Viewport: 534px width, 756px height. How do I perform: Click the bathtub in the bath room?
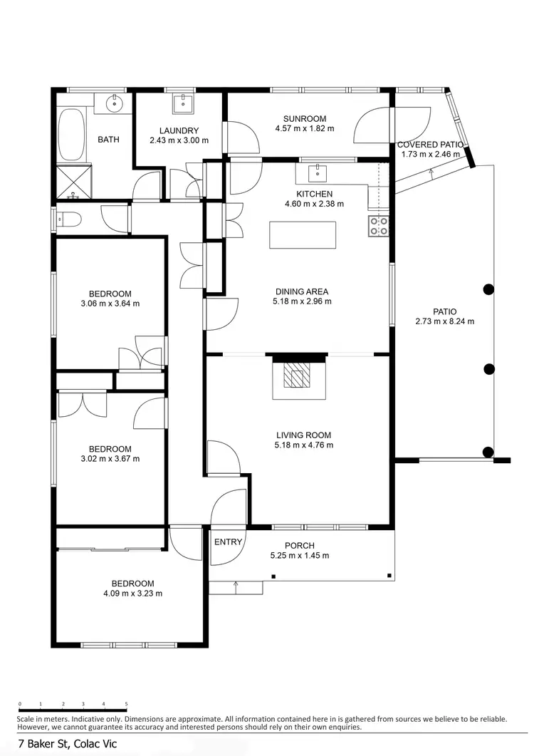[70, 135]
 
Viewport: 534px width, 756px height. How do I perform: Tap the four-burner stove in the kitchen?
[378, 226]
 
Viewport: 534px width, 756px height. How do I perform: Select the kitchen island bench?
[303, 234]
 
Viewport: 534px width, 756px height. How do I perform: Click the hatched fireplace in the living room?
[297, 374]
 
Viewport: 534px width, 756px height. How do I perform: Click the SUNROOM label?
[304, 119]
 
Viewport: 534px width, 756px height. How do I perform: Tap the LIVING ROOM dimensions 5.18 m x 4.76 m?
[304, 445]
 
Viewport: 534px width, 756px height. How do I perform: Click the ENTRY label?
[229, 542]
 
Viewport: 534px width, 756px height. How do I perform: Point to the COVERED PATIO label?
[430, 145]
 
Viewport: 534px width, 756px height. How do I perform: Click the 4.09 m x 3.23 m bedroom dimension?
[132, 593]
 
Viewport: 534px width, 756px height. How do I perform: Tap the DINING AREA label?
[303, 291]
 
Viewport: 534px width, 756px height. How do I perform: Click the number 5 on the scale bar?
[126, 703]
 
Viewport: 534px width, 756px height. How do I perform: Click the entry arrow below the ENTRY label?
[235, 586]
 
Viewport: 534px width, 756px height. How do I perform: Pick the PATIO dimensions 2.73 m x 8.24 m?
[444, 321]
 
